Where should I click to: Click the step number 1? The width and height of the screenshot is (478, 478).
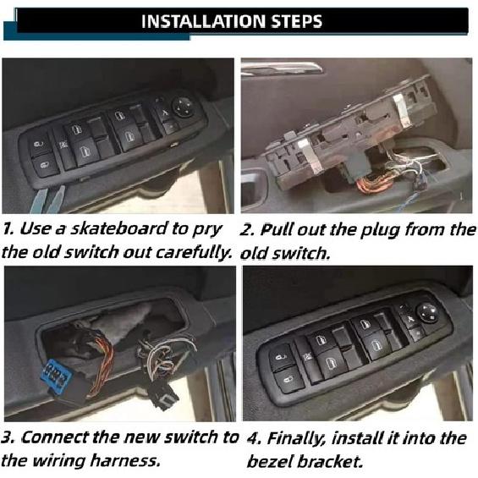7,229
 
